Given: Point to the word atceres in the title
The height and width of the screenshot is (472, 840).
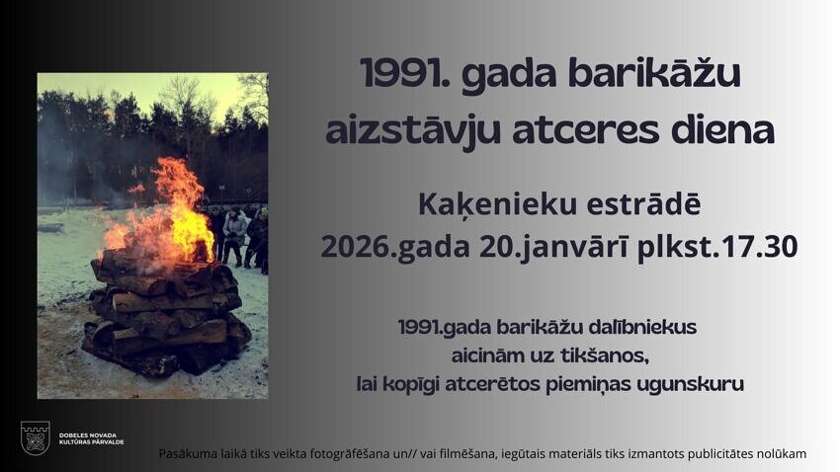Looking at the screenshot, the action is pos(586,132).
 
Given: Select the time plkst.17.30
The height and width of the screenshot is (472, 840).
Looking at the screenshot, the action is pos(717,247).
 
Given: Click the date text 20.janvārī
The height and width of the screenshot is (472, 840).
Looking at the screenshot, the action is pos(553,248).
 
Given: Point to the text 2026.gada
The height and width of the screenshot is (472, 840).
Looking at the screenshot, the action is pos(395,248).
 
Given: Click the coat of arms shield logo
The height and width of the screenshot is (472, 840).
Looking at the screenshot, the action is pos(36,437).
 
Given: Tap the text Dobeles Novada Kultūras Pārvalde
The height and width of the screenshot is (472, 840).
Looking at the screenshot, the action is pos(91,438).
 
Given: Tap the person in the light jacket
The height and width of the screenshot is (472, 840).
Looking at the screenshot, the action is pos(234,235).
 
